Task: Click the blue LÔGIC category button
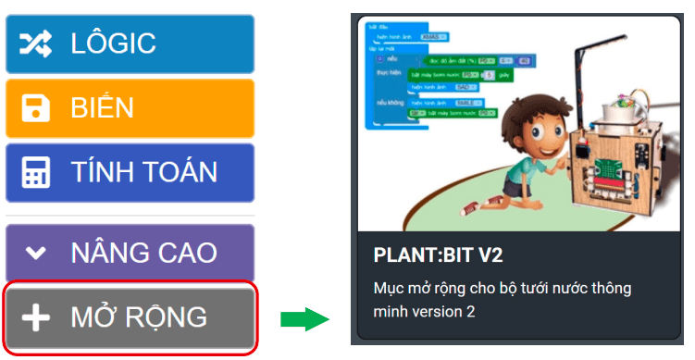[130, 43]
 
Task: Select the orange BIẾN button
[130, 108]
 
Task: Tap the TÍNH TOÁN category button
[130, 172]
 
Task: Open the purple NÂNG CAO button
[130, 252]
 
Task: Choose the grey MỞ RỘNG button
[130, 317]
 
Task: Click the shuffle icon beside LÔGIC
[36, 43]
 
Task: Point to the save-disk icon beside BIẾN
[36, 108]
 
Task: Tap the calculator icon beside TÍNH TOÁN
[36, 173]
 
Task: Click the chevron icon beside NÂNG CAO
[36, 253]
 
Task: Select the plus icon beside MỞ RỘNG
[36, 317]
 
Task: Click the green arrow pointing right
[304, 320]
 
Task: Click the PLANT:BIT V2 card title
[438, 254]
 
